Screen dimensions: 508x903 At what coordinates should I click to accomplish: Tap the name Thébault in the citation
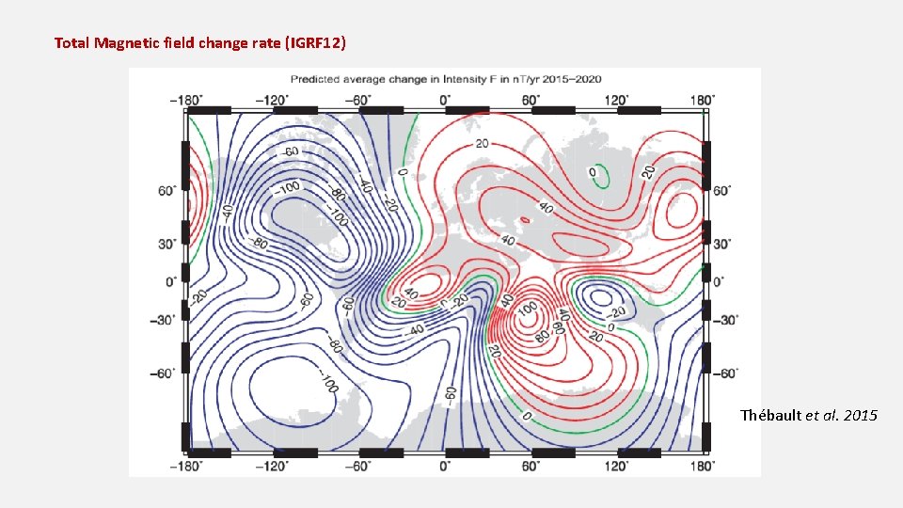coord(770,415)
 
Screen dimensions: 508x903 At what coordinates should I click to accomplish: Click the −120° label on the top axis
coord(273,99)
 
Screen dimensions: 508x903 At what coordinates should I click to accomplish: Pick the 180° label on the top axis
coord(702,99)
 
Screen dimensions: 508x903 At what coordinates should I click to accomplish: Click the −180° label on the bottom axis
coord(186,465)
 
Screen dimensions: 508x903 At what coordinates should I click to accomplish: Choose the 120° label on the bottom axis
coord(616,465)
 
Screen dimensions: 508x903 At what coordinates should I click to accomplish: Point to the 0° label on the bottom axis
coord(445,465)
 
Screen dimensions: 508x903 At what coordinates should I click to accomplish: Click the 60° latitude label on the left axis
coord(167,191)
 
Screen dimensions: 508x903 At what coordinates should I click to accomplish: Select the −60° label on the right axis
coord(727,373)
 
